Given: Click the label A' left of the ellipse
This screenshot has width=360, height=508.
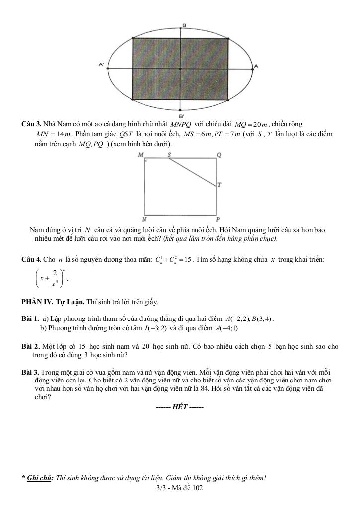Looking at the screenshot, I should pyautogui.click(x=101, y=64).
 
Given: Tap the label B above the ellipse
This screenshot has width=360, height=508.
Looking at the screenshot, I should pyautogui.click(x=184, y=25).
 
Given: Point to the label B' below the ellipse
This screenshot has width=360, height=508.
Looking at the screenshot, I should pyautogui.click(x=182, y=116).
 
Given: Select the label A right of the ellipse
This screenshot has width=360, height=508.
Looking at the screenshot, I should pyautogui.click(x=256, y=66).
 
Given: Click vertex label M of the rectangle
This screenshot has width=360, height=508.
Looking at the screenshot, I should pyautogui.click(x=141, y=155).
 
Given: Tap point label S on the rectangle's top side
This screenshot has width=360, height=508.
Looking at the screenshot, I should pyautogui.click(x=169, y=155).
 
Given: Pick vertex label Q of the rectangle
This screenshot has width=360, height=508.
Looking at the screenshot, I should pyautogui.click(x=219, y=155).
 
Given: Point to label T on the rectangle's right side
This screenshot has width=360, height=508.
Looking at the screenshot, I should pyautogui.click(x=219, y=185).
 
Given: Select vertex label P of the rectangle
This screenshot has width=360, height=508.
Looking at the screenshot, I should pyautogui.click(x=218, y=219).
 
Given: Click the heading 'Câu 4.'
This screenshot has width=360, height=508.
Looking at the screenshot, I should pyautogui.click(x=31, y=259).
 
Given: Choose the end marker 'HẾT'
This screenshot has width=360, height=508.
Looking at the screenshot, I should pyautogui.click(x=179, y=407).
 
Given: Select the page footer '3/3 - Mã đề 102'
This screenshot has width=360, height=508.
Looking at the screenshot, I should pyautogui.click(x=179, y=488).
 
